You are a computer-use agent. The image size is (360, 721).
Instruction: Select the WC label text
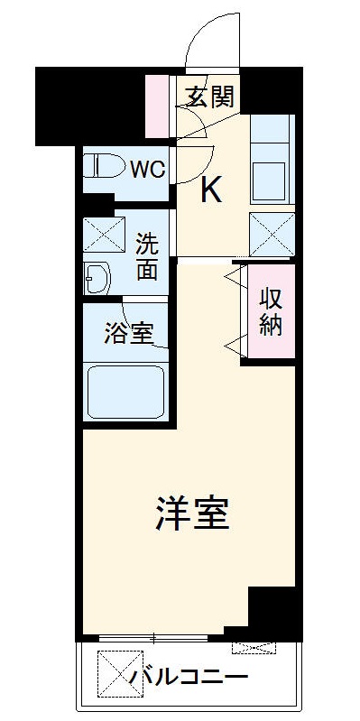(146, 169)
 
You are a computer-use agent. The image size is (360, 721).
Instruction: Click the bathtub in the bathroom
(126, 391)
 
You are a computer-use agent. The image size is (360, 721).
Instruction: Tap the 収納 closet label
(270, 311)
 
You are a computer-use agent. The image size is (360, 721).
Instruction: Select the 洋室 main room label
(191, 513)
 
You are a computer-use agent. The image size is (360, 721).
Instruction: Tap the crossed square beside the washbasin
(99, 234)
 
